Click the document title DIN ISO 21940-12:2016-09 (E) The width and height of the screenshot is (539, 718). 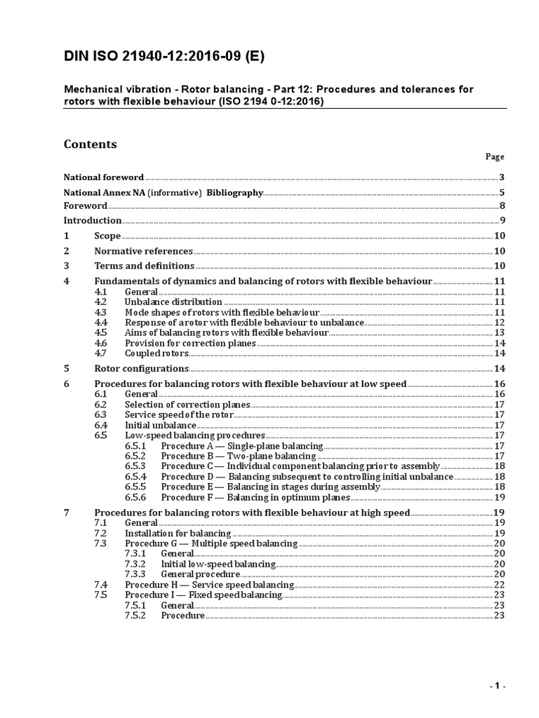point(164,57)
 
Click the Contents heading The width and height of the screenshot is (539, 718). point(91,144)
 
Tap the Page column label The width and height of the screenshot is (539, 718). point(495,157)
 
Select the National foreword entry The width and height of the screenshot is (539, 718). point(104,177)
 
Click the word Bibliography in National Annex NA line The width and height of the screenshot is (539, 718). point(234,192)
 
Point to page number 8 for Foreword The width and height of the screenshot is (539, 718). point(503,206)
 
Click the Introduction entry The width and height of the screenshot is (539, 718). point(93,221)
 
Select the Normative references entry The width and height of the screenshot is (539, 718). point(143,251)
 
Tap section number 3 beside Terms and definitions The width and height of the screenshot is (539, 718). point(67,266)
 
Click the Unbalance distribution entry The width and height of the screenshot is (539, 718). point(173,302)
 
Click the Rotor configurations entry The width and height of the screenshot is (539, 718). point(141,368)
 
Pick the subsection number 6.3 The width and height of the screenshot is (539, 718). point(100,414)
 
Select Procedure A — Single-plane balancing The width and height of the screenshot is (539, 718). point(241,446)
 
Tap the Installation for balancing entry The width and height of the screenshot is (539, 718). point(178,534)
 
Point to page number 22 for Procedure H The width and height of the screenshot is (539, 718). point(499,585)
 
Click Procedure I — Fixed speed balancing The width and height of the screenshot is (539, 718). point(204,595)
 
